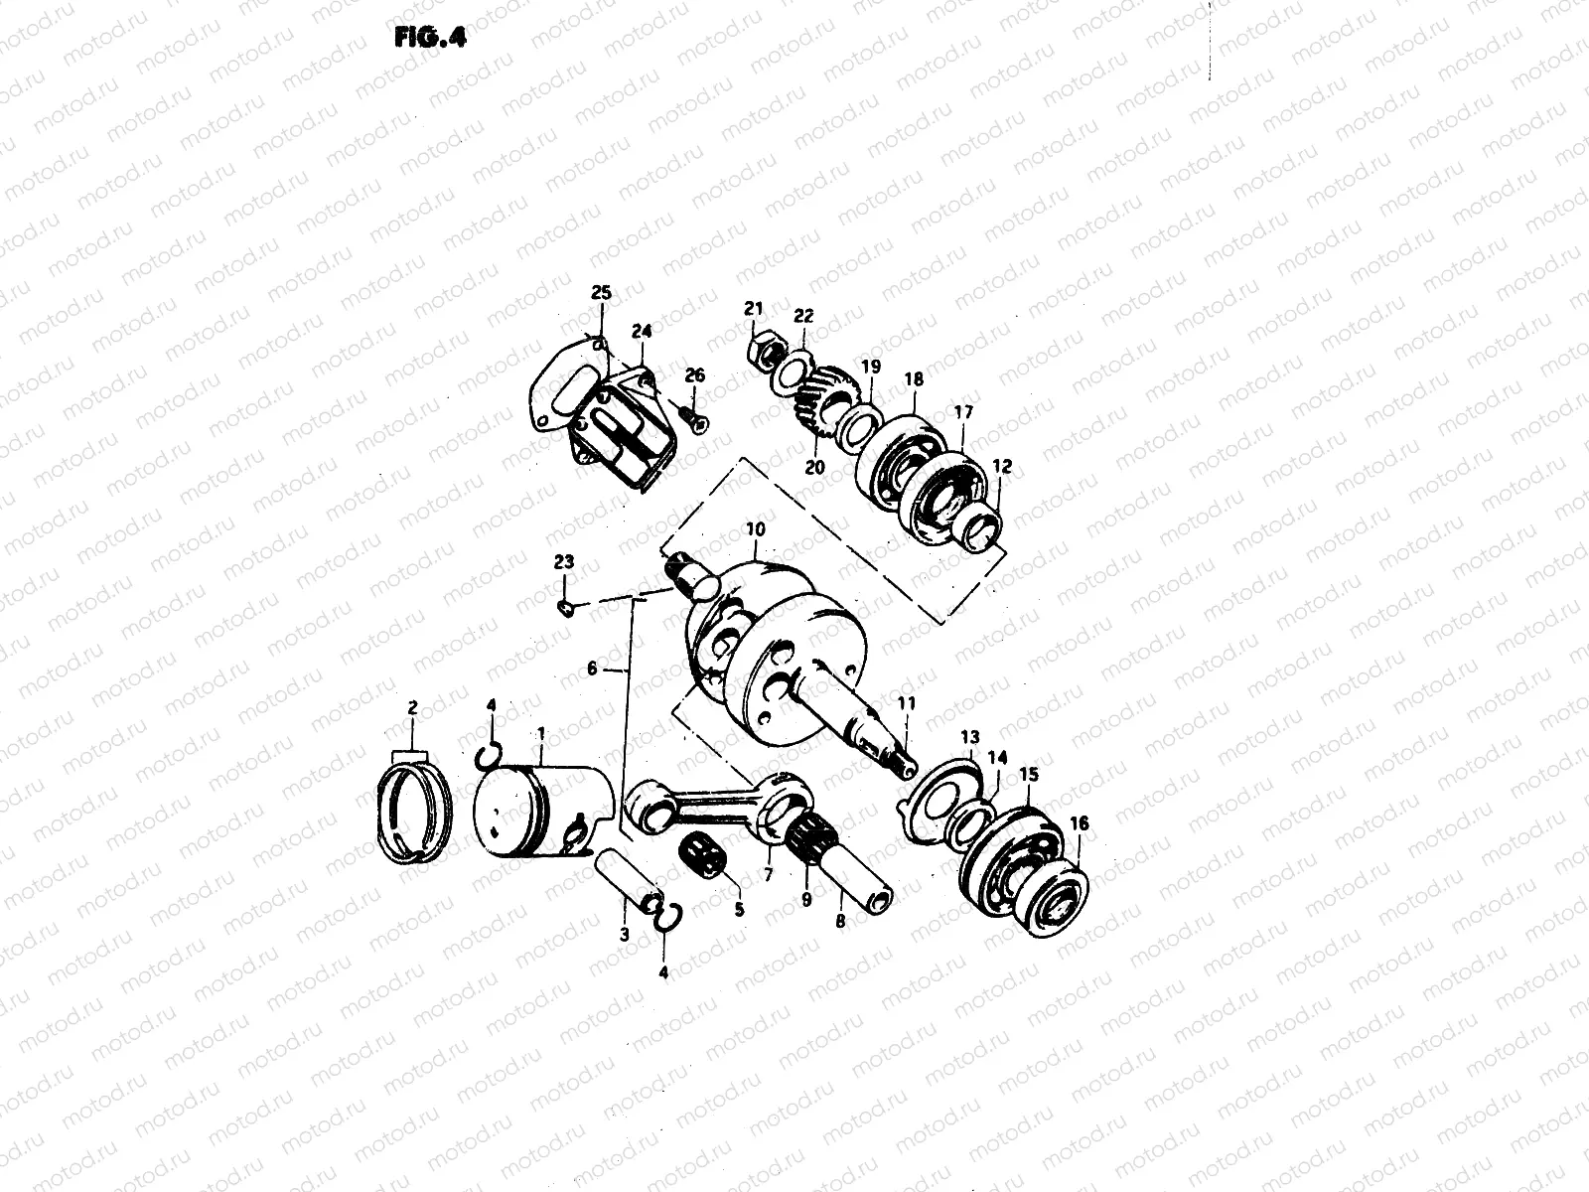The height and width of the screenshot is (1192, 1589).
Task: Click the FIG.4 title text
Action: tap(429, 37)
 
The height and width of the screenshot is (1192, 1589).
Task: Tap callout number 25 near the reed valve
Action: tap(601, 293)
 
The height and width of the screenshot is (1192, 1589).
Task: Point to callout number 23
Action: tap(563, 562)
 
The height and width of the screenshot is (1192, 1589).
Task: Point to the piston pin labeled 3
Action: tap(618, 875)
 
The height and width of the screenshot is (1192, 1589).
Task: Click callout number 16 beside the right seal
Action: tap(1080, 823)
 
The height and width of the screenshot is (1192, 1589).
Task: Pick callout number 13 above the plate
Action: tap(969, 737)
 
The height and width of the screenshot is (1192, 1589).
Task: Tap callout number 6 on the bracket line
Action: tap(593, 669)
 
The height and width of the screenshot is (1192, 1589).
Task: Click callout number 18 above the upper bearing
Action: tap(913, 379)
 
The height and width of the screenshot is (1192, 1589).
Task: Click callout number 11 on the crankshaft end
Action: tap(905, 703)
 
